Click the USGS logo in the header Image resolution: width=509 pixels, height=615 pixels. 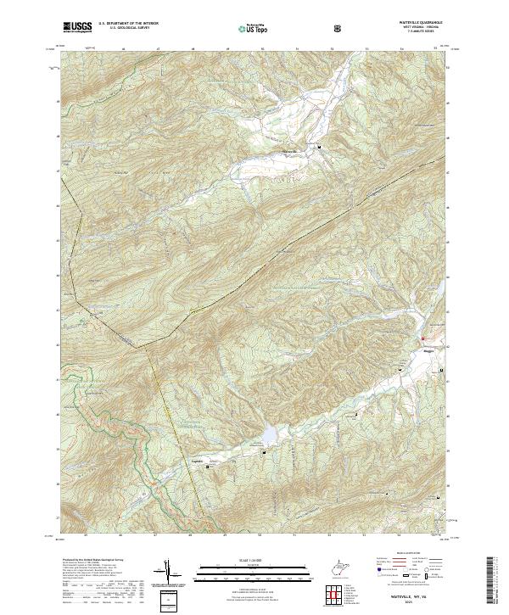77,27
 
